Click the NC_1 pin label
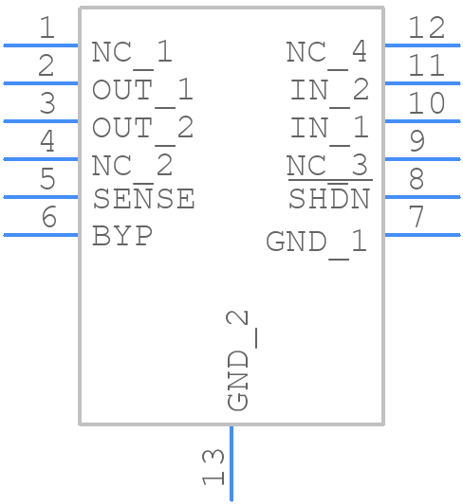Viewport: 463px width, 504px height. pyautogui.click(x=132, y=52)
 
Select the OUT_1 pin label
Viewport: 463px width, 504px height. pyautogui.click(x=142, y=90)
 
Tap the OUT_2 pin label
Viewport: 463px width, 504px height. pyautogui.click(x=142, y=127)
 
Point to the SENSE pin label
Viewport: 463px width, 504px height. pyautogui.click(x=143, y=199)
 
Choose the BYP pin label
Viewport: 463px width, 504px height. pyautogui.click(x=122, y=236)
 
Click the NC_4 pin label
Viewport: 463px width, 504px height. pyautogui.click(x=326, y=52)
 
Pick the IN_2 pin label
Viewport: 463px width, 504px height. pyautogui.click(x=329, y=90)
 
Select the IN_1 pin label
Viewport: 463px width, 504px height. pyautogui.click(x=329, y=127)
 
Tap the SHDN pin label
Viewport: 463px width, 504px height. pyautogui.click(x=328, y=200)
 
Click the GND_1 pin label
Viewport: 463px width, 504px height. pyautogui.click(x=316, y=242)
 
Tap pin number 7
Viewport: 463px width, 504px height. pyautogui.click(x=417, y=217)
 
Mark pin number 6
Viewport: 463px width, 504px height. pyautogui.click(x=47, y=217)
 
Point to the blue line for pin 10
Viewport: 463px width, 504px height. pyautogui.click(x=421, y=121)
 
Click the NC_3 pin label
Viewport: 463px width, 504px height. pyautogui.click(x=328, y=166)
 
